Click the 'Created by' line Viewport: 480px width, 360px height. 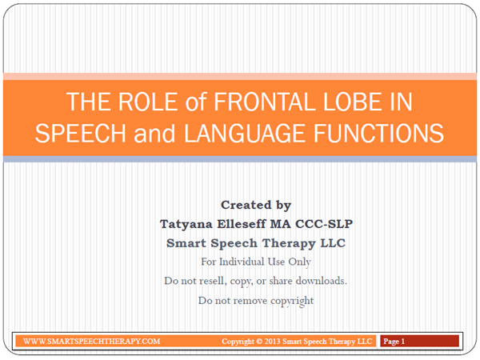pos(256,205)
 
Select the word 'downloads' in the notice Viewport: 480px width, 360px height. pos(318,282)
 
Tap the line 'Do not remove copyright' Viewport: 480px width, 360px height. pos(256,301)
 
